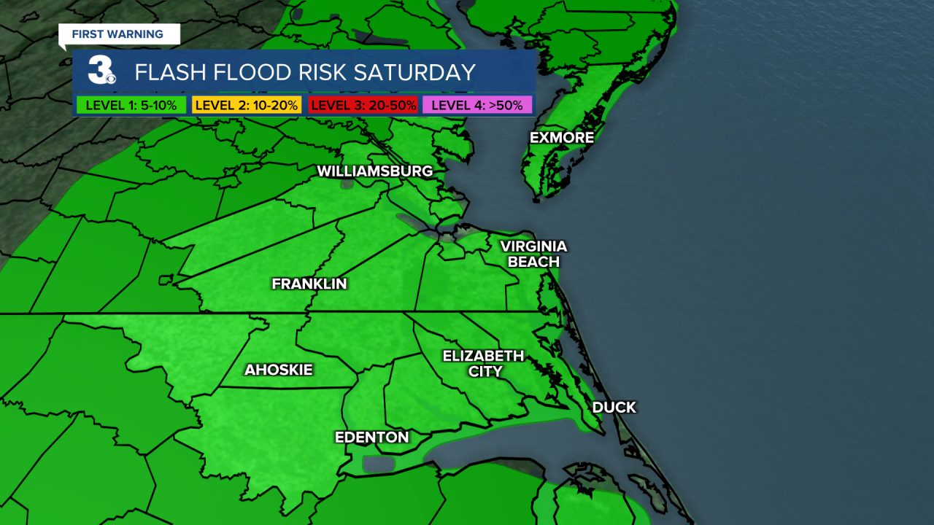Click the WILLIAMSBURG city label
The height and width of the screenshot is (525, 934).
click(375, 171)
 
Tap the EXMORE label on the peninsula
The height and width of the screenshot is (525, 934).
click(562, 138)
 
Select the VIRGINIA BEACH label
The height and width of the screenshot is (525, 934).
click(533, 254)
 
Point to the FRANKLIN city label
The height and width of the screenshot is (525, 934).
click(309, 284)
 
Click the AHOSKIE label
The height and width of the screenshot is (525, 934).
click(278, 370)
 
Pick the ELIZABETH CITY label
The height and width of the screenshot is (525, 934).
click(483, 363)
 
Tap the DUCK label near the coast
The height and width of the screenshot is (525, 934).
click(614, 408)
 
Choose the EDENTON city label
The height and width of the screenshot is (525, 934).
click(371, 437)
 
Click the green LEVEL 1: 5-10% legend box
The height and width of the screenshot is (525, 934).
click(131, 105)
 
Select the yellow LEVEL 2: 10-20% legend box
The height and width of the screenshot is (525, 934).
click(246, 105)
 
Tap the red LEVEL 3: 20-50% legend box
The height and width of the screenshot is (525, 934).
click(363, 105)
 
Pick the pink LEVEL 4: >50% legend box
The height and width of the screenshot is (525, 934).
click(476, 105)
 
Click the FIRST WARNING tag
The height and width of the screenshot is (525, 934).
click(117, 34)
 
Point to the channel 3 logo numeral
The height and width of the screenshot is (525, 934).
click(99, 71)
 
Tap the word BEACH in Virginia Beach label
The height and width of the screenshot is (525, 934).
click(533, 262)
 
